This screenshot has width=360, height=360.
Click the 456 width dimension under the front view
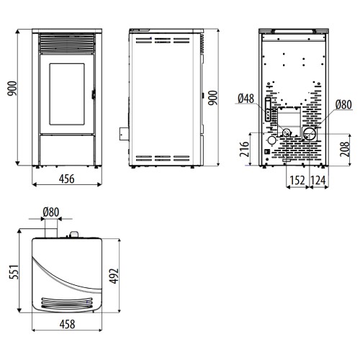coord(67,179)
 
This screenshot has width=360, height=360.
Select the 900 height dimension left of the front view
coord(12,89)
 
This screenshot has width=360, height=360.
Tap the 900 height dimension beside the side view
coord(212,98)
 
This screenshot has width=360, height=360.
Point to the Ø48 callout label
coord(246,98)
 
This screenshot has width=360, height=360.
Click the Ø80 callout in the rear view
coord(343,104)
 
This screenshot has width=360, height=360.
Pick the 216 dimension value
coord(245,149)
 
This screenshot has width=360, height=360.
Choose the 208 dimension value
coord(345,149)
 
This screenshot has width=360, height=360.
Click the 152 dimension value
coord(297,181)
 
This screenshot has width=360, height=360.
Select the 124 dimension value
coord(318,181)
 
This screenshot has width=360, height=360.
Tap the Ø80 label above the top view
coord(51,212)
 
